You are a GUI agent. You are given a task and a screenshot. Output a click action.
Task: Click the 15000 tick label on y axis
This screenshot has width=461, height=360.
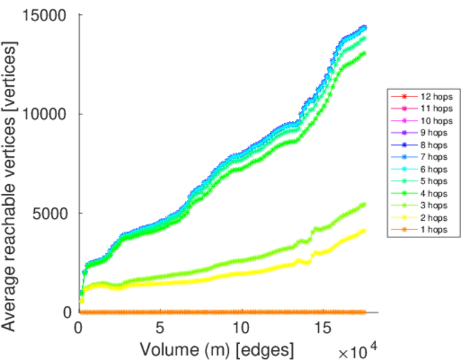[x=45, y=15]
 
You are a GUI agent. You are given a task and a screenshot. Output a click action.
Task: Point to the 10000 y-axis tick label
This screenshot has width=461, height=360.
[x=45, y=114]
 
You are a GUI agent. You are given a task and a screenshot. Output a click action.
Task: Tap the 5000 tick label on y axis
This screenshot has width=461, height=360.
[x=50, y=213]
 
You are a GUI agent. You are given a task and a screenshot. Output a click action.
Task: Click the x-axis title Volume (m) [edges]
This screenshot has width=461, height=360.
[x=217, y=348]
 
